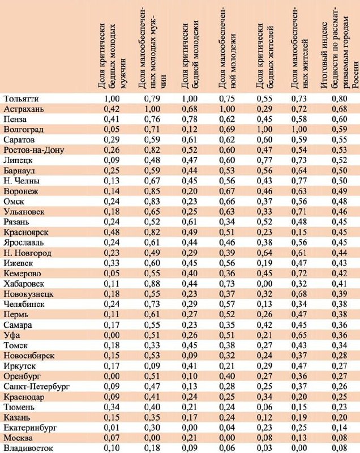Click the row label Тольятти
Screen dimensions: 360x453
coord(21,99)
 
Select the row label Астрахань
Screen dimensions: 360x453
coord(24,109)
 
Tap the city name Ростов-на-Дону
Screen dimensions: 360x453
coord(33,150)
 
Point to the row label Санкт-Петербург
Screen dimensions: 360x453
coord(36,387)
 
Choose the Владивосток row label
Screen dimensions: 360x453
coord(28,448)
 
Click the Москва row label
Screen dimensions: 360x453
coord(18,438)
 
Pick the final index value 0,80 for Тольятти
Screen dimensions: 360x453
coord(339,99)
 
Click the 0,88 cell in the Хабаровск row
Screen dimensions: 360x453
coord(152,284)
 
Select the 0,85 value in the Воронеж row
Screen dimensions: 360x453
coord(152,191)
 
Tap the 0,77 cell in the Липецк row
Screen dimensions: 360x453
coord(264,160)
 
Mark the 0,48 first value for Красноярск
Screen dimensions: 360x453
coord(112,232)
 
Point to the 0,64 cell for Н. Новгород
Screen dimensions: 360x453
coord(264,253)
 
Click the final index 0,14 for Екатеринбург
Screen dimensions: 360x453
coord(339,428)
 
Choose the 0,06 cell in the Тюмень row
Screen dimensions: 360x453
coord(264,407)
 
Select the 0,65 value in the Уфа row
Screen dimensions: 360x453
coord(299,335)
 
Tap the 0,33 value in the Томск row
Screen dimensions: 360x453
coord(152,345)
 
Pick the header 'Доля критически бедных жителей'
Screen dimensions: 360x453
coord(264,56)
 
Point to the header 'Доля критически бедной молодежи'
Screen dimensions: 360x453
coord(190,55)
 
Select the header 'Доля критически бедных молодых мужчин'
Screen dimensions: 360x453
coord(112,56)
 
